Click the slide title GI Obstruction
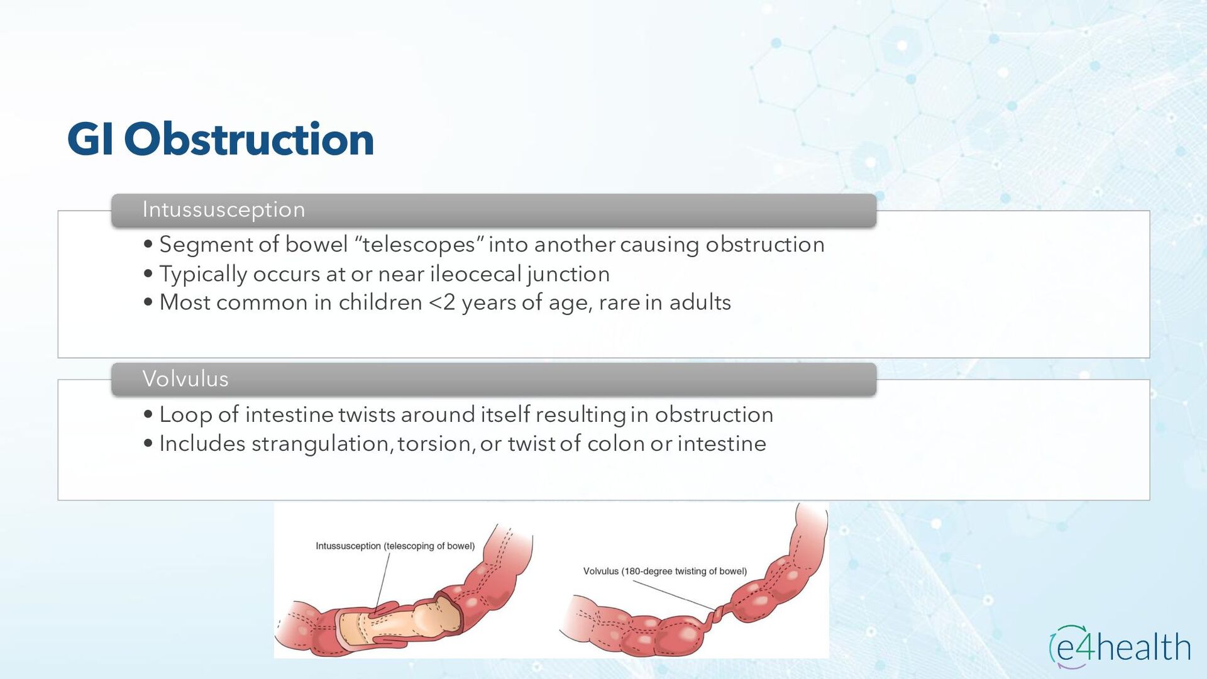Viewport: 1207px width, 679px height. pyautogui.click(x=221, y=139)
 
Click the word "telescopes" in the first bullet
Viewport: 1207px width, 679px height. pyautogui.click(x=419, y=244)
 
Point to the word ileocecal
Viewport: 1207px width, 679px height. pyautogui.click(x=476, y=274)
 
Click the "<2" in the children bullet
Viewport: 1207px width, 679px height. pyautogui.click(x=442, y=302)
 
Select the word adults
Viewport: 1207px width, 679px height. pyautogui.click(x=700, y=302)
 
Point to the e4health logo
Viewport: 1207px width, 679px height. pyautogui.click(x=1120, y=646)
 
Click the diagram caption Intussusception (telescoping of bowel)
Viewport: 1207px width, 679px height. pyautogui.click(x=395, y=546)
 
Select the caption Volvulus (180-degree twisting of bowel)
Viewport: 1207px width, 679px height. pyautogui.click(x=665, y=571)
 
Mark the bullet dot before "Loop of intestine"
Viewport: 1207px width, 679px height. pyautogui.click(x=148, y=414)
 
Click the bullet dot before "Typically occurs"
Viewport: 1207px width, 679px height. pyautogui.click(x=148, y=273)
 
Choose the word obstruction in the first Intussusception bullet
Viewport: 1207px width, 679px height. pyautogui.click(x=765, y=244)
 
